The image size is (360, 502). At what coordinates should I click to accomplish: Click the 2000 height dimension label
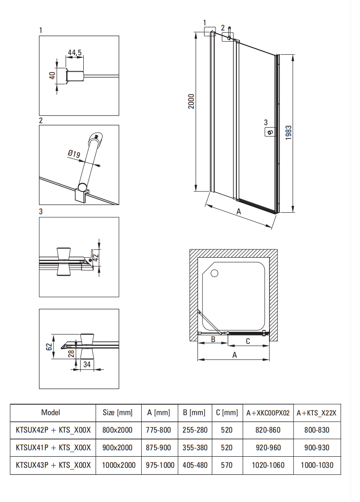point(191,101)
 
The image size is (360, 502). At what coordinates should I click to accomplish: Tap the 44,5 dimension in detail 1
point(75,53)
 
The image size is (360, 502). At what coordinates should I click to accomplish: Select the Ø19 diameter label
point(74,154)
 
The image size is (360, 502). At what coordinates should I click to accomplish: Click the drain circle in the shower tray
point(214,273)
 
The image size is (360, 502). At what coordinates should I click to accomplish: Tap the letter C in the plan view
point(248,341)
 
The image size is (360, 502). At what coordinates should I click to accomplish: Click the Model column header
point(50,412)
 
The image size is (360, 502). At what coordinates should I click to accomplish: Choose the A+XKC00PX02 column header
point(268,413)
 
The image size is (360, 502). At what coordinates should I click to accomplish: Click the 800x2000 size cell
point(118,430)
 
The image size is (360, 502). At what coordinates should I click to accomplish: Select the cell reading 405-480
point(196,465)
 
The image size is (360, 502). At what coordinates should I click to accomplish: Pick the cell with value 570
point(227,465)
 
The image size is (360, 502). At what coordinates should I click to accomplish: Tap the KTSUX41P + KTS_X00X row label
point(53,448)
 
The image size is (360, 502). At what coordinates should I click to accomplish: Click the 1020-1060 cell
point(268,465)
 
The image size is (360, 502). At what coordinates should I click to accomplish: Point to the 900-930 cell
point(317,448)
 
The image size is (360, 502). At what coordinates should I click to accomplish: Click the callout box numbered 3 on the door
point(270,132)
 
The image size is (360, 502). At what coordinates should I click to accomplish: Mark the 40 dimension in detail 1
point(53,76)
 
